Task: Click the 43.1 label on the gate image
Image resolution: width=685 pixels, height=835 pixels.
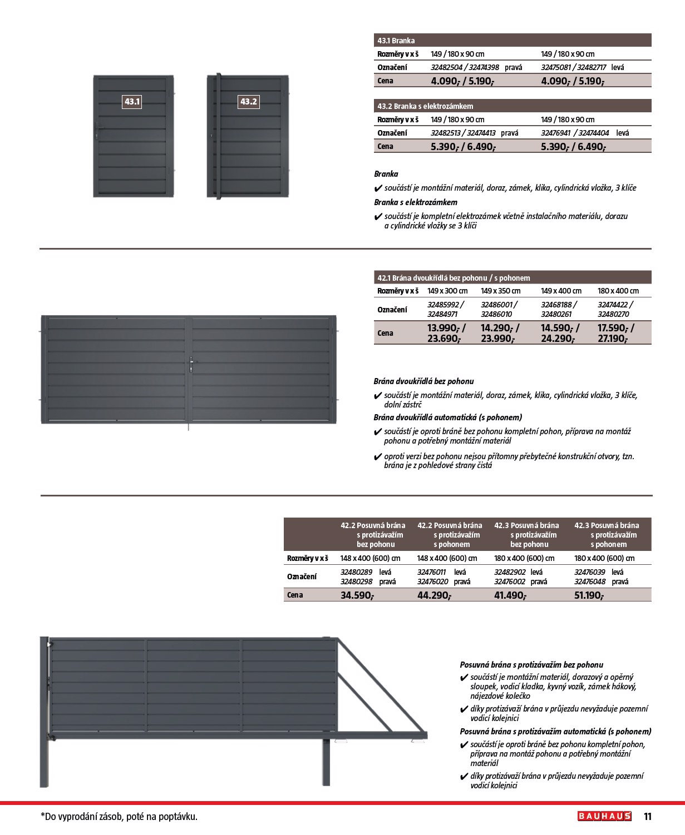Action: click(x=132, y=102)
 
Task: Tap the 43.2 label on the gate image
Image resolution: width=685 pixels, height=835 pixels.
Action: click(x=248, y=102)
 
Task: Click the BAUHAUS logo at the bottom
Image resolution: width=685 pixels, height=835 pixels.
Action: click(x=604, y=816)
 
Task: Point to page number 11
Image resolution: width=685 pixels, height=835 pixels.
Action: click(x=647, y=817)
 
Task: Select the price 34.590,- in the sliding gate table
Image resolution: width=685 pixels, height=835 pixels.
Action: click(x=357, y=595)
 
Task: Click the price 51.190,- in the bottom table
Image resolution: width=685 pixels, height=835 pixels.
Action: click(x=589, y=595)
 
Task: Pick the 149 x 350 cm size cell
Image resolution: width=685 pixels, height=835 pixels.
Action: click(x=500, y=291)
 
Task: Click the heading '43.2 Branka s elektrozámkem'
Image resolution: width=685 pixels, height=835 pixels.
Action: click(x=425, y=106)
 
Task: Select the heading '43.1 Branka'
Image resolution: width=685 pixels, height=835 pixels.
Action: click(x=396, y=41)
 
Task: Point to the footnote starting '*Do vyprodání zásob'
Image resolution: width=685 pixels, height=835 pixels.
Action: click(x=119, y=817)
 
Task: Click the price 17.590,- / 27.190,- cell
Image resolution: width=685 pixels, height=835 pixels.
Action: click(x=615, y=333)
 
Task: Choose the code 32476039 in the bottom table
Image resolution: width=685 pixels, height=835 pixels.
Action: click(x=589, y=572)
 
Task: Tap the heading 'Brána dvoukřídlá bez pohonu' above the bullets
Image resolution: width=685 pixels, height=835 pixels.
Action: click(x=423, y=381)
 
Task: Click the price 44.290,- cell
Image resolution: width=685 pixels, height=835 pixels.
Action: click(x=434, y=595)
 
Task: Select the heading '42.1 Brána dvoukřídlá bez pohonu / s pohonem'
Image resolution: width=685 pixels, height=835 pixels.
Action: click(x=454, y=278)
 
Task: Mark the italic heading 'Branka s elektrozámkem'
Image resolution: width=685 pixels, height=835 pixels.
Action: click(x=416, y=202)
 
